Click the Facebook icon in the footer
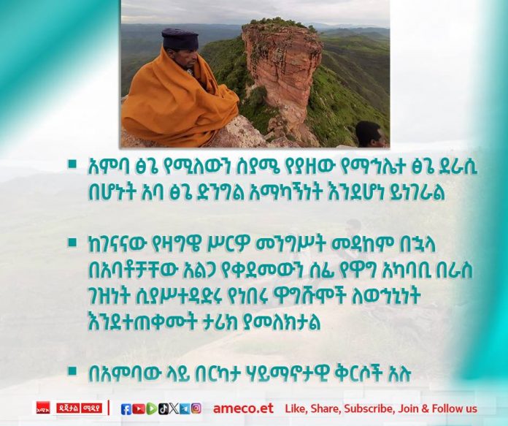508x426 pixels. [126, 408]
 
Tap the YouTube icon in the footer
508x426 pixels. [139, 408]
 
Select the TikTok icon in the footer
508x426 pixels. [163, 408]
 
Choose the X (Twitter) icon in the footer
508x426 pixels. [174, 408]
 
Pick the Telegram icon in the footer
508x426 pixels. [185, 408]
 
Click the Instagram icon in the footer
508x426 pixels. [196, 408]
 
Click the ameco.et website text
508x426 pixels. [243, 408]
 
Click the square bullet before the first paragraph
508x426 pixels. [72, 164]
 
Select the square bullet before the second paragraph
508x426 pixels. [72, 243]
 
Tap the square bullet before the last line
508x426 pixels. [72, 371]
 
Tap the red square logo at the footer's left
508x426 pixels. [43, 408]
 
